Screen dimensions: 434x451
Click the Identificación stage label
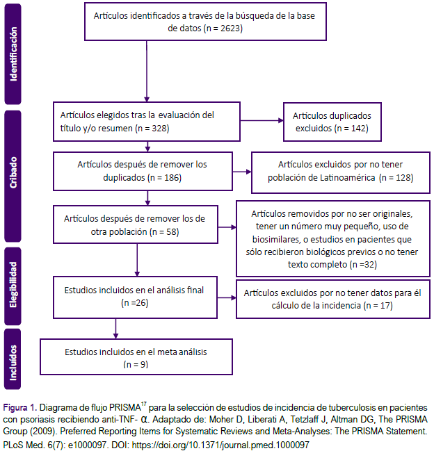pyautogui.click(x=13, y=54)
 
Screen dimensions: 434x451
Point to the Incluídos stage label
pyautogui.click(x=13, y=359)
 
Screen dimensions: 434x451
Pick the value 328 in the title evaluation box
pyautogui.click(x=159, y=129)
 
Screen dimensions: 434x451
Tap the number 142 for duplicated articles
pyautogui.click(x=358, y=129)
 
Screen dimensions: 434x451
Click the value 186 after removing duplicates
pyautogui.click(x=172, y=178)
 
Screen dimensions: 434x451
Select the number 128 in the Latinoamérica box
pyautogui.click(x=403, y=178)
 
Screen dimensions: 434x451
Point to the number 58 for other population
pyautogui.click(x=171, y=232)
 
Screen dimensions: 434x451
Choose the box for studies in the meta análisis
pyautogui.click(x=136, y=357)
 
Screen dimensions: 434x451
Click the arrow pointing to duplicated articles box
pyautogui.click(x=262, y=120)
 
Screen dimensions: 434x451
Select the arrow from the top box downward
pyautogui.click(x=147, y=71)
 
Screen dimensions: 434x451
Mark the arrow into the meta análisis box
pyautogui.click(x=115, y=329)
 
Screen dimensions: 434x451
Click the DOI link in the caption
pyautogui.click(x=220, y=445)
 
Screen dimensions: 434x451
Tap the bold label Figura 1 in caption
pyautogui.click(x=19, y=408)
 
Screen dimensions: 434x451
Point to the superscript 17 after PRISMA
pyautogui.click(x=144, y=404)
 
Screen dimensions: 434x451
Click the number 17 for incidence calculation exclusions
pyautogui.click(x=385, y=306)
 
